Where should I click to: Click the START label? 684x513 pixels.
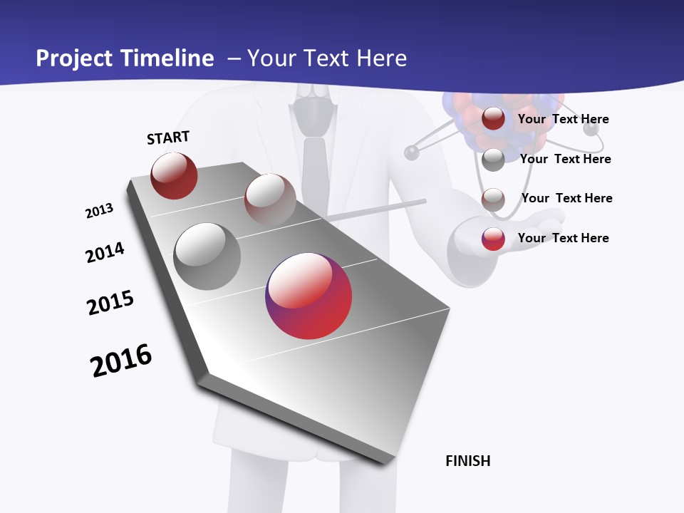pyautogui.click(x=168, y=138)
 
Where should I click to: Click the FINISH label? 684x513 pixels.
pyautogui.click(x=467, y=461)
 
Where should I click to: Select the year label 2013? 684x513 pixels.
pyautogui.click(x=100, y=211)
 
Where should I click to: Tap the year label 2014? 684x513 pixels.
pyautogui.click(x=105, y=252)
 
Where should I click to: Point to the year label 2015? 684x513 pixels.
pyautogui.click(x=110, y=303)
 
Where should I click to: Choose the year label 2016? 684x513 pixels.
pyautogui.click(x=121, y=361)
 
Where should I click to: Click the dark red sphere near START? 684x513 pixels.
pyautogui.click(x=174, y=175)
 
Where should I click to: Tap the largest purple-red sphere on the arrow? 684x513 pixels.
pyautogui.click(x=309, y=296)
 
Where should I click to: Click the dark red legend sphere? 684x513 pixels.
pyautogui.click(x=493, y=119)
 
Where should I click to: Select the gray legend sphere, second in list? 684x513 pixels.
pyautogui.click(x=493, y=159)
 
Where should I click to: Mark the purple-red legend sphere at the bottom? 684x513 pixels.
pyautogui.click(x=493, y=239)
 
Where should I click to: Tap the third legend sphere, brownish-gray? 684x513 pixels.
pyautogui.click(x=493, y=199)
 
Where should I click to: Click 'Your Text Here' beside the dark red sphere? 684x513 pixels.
pyautogui.click(x=563, y=119)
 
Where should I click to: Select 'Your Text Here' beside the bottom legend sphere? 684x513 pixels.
pyautogui.click(x=563, y=238)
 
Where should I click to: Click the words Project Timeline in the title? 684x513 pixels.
pyautogui.click(x=125, y=58)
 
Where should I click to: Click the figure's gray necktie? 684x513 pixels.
pyautogui.click(x=314, y=171)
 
